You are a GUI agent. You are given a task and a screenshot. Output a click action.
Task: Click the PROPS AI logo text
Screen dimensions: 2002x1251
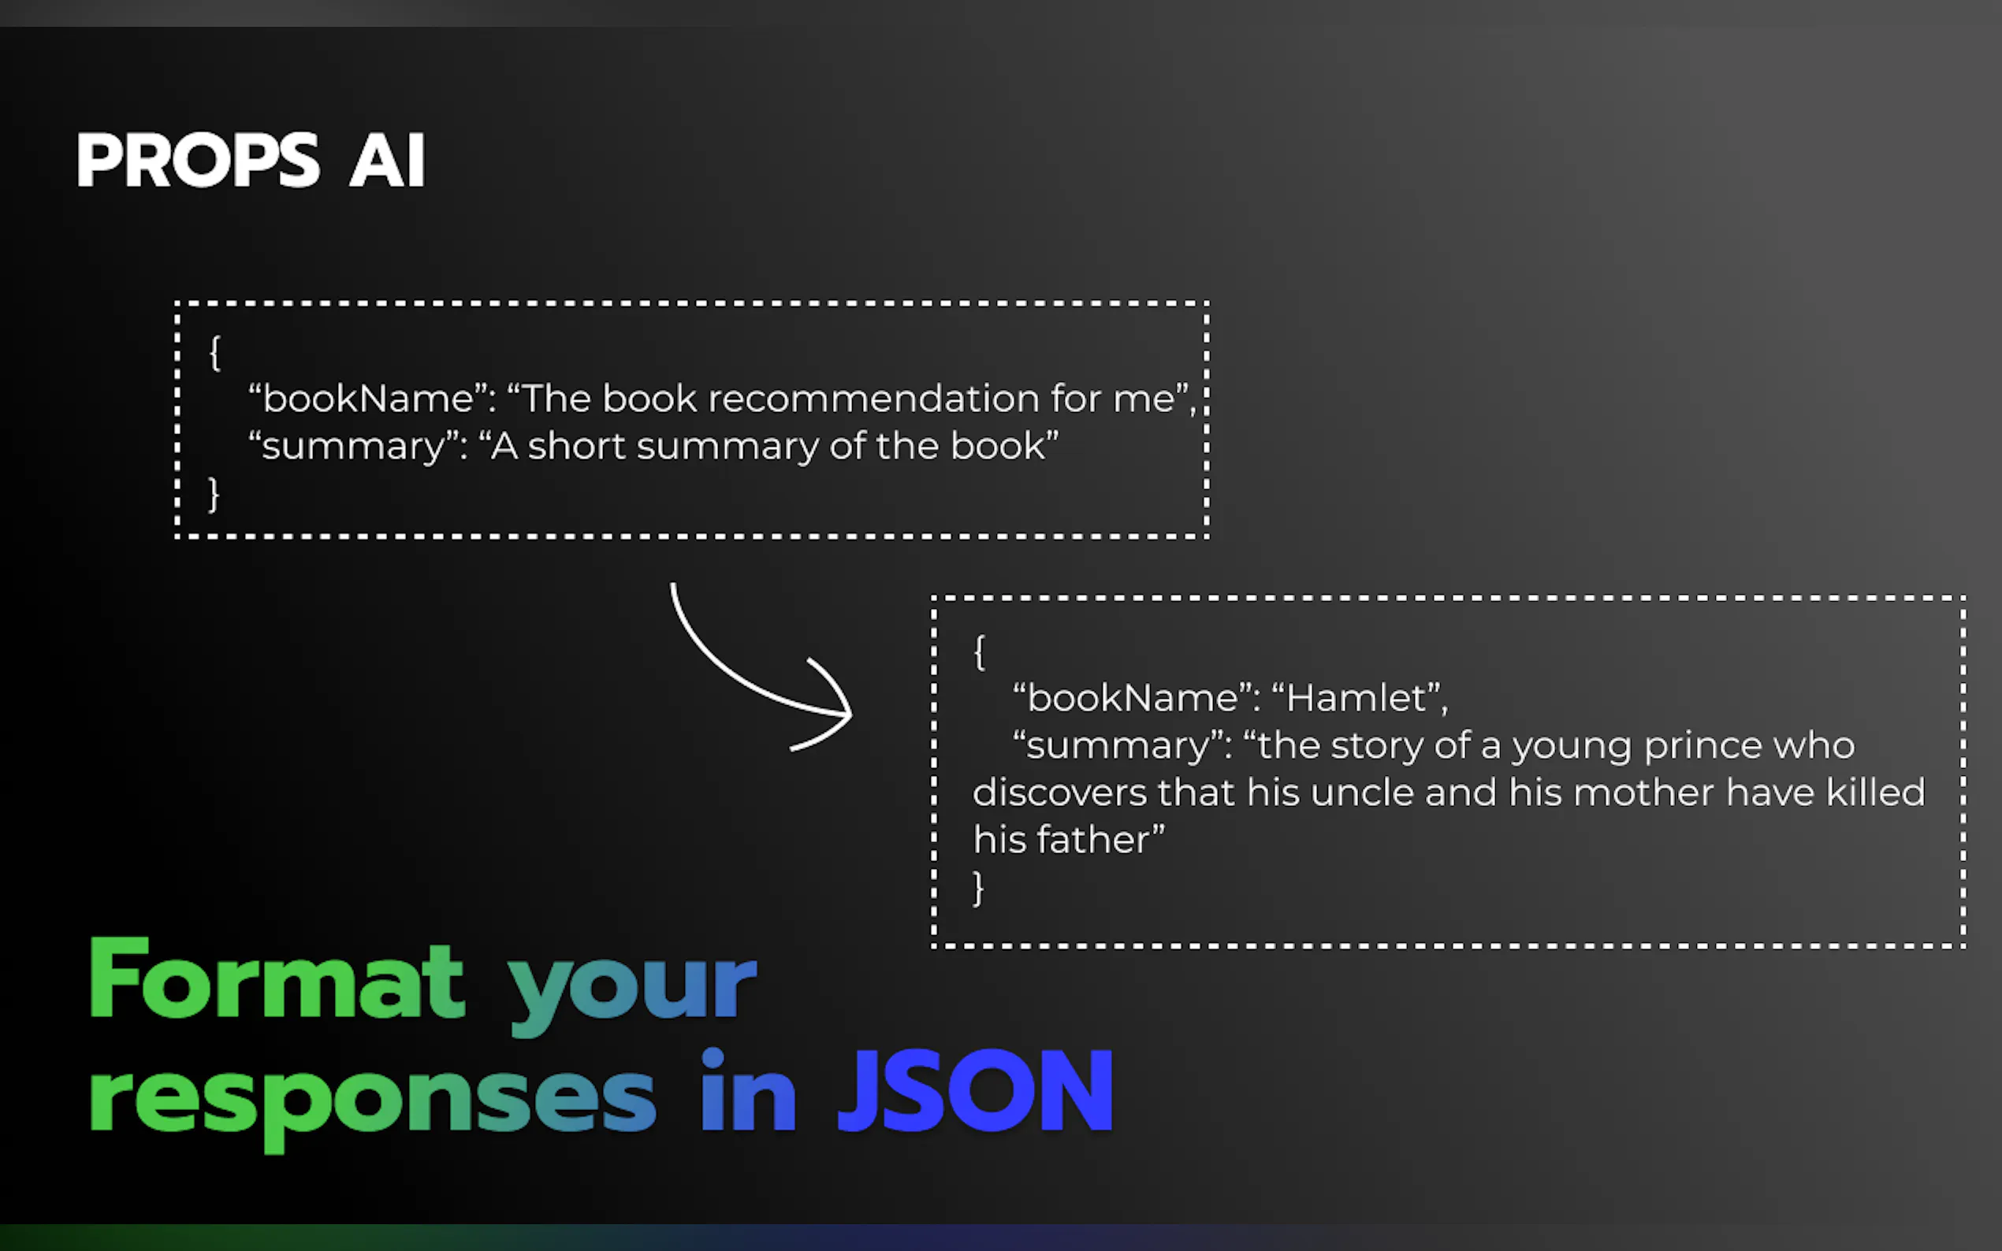click(251, 160)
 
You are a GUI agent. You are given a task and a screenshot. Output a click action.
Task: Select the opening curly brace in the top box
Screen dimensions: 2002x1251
click(214, 353)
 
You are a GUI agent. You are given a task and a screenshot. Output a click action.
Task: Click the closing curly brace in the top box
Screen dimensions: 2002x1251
click(214, 494)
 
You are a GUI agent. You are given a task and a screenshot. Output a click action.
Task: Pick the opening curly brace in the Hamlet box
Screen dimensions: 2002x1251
click(979, 652)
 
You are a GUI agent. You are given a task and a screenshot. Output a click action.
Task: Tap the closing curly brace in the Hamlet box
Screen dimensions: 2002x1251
click(978, 889)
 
